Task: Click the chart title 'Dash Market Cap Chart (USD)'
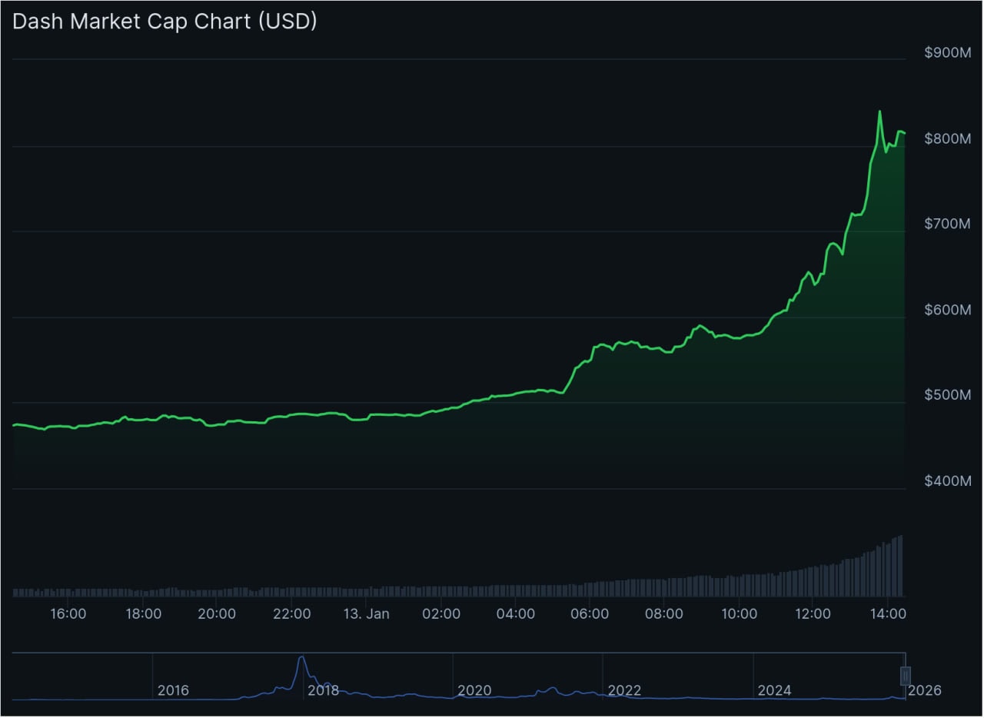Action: coord(165,22)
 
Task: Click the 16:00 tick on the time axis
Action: coord(68,614)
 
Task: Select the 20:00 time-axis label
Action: coord(217,614)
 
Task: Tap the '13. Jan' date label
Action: coord(367,614)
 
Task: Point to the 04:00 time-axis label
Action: coord(516,614)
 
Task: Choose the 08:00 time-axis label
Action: coord(664,614)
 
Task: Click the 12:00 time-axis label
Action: coord(813,614)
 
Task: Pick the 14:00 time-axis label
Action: coord(888,614)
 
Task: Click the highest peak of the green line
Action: coord(879,112)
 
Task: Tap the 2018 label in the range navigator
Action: coord(323,690)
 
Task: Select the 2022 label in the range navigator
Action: coord(624,690)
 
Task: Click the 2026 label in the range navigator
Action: coord(924,690)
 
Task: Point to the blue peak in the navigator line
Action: coord(301,657)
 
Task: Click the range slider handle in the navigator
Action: coord(906,676)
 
